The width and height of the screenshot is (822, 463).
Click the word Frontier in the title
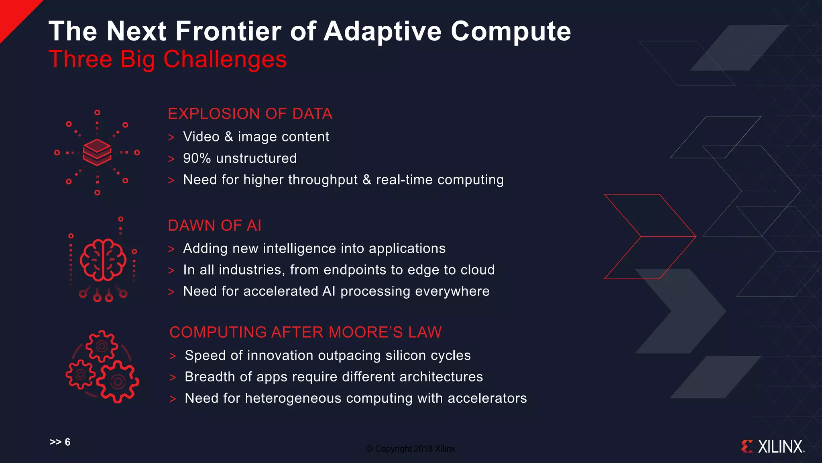coord(228,31)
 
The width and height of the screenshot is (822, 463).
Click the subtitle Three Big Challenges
coord(167,59)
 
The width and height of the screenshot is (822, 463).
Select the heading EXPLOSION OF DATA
coord(250,114)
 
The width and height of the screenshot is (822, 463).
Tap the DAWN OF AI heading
coord(214,225)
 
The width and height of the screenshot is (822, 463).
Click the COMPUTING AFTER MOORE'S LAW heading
coord(305,332)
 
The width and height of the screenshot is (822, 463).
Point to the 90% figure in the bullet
coord(197,158)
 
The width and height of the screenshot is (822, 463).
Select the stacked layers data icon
coord(97,152)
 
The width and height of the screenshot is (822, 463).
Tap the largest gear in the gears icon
coord(117,381)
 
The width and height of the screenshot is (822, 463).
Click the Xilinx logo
coord(773,447)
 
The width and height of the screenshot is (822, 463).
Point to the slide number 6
coord(67,442)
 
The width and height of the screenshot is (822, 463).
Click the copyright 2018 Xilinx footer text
coord(411,449)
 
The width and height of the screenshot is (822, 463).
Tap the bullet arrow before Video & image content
coord(171,137)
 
